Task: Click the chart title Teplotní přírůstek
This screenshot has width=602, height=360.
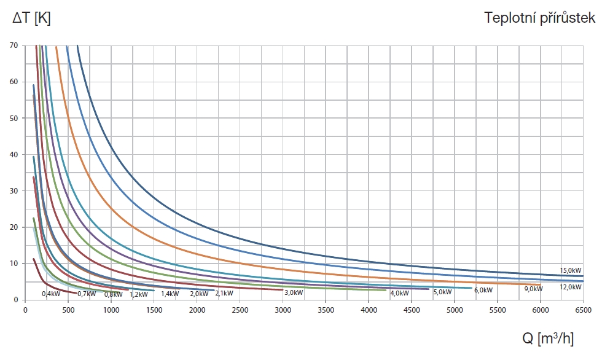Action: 540,18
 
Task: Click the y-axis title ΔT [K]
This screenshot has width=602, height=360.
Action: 31,18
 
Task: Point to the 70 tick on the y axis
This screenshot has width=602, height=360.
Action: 14,45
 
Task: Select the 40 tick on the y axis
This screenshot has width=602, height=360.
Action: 14,155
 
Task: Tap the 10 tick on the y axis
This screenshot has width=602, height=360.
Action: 14,264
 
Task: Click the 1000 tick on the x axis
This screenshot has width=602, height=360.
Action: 111,311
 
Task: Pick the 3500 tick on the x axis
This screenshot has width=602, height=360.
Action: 326,311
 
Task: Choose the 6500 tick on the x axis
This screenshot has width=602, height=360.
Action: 583,311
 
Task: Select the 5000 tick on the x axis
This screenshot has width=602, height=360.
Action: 454,311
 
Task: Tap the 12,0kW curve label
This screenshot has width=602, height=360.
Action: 571,287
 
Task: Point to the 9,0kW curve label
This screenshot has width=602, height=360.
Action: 534,289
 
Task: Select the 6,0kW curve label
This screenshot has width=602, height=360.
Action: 483,290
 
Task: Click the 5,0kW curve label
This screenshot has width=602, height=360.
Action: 442,292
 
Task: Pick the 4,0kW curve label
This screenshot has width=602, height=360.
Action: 399,292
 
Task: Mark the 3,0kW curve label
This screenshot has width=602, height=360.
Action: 294,293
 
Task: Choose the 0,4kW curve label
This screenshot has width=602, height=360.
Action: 51,294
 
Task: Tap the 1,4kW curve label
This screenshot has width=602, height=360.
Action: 170,294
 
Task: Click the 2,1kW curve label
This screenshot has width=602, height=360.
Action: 224,294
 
